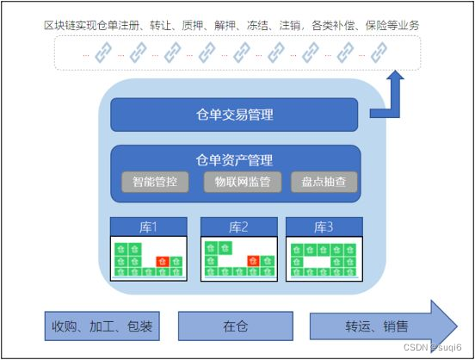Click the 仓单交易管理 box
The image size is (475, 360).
point(233,115)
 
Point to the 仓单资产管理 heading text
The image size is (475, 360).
point(234,159)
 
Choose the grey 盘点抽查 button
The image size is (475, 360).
point(324,182)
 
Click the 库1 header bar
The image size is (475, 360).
point(148,227)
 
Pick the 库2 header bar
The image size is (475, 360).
point(238,227)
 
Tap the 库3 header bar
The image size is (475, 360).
point(323,227)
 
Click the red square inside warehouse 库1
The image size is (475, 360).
point(161,261)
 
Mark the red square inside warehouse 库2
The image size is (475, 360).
point(253,261)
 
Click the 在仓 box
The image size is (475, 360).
point(235,326)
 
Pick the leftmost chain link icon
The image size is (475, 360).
point(103,53)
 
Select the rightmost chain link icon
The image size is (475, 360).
point(379,53)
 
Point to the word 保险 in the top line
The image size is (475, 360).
point(373,25)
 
